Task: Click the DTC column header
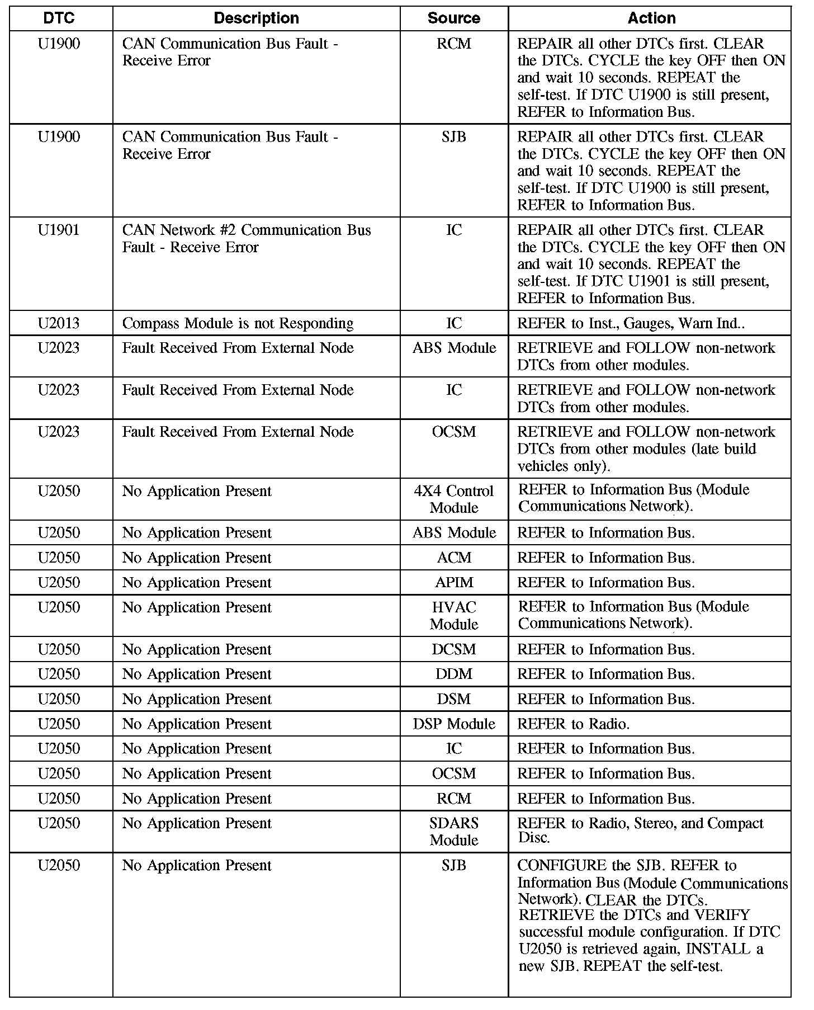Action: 59,18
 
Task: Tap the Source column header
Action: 453,18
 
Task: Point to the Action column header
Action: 651,18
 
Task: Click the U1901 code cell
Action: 59,230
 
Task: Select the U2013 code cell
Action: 59,323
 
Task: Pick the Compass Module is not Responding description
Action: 238,323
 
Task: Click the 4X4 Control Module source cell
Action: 453,499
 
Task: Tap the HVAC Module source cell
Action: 453,616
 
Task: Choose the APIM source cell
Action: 453,583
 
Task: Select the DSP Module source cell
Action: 453,724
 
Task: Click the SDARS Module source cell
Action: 453,832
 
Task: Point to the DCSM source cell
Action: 453,650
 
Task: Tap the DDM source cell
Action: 453,674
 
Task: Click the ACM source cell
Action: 453,558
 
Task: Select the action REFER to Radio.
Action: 573,724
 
